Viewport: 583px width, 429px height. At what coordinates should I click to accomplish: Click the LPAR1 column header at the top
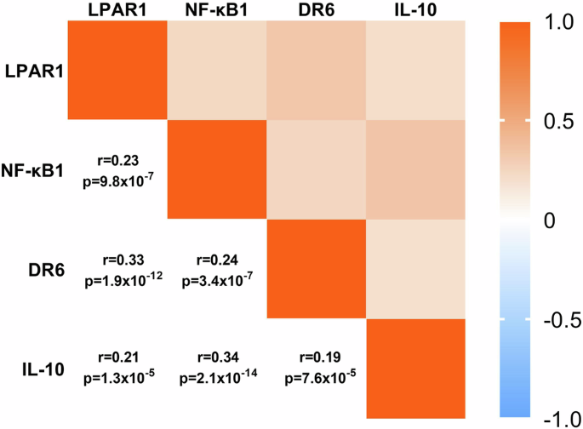(x=116, y=9)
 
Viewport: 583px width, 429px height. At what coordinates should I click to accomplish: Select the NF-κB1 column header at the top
(x=216, y=9)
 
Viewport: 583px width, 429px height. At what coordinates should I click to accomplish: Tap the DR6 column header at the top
(x=316, y=9)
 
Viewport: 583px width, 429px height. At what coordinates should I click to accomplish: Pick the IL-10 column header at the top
(x=416, y=9)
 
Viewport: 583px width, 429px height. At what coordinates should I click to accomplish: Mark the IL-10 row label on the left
(x=37, y=369)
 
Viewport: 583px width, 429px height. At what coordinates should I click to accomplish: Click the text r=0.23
(x=117, y=160)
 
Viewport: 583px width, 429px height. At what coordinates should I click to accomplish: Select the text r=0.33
(x=117, y=260)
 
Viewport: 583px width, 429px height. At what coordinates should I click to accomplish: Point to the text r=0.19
(x=317, y=359)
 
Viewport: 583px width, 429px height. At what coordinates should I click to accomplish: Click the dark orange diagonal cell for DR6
(x=317, y=269)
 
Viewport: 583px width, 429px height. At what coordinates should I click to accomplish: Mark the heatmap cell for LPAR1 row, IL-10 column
(x=416, y=71)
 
